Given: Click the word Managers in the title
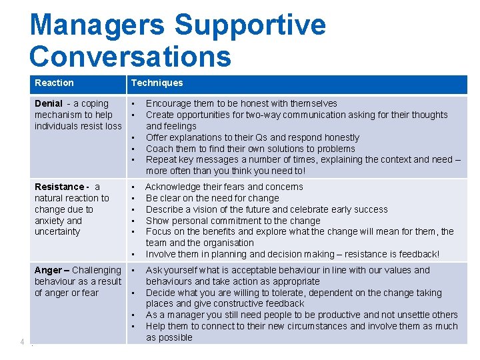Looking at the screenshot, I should tap(97, 25).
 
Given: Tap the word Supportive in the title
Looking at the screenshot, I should tap(250, 25).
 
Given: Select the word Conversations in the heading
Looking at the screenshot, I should tap(131, 56).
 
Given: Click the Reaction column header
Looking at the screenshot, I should tap(54, 83).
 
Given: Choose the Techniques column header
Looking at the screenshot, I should tap(157, 83).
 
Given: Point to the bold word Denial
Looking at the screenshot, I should tap(49, 103).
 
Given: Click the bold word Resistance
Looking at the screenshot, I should tap(59, 187).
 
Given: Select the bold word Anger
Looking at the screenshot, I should tap(48, 270).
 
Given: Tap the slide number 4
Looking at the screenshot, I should tap(22, 342).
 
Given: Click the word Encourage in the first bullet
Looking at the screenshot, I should tap(167, 103).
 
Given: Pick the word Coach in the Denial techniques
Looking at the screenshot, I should tap(159, 149).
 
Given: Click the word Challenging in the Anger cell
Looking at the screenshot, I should tap(97, 270).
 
